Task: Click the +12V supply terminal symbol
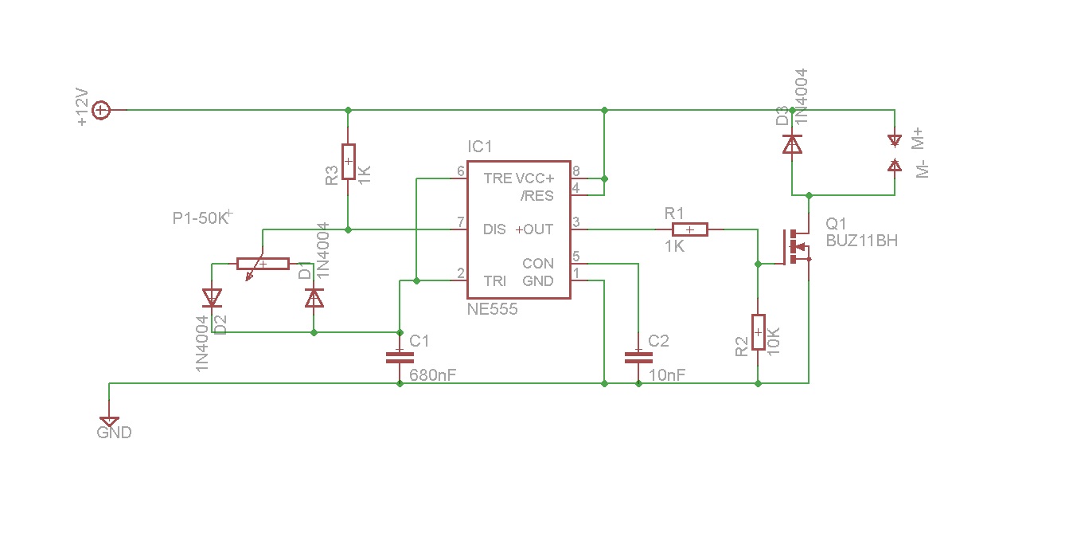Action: [x=101, y=110]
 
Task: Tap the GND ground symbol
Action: [x=109, y=421]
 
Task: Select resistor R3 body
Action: [x=348, y=162]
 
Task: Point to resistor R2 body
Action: [x=758, y=332]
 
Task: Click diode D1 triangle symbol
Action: [x=314, y=298]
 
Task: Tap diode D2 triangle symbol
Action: [x=212, y=298]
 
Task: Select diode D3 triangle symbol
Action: [x=792, y=144]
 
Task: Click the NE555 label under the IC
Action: [x=492, y=310]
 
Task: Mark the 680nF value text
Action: [x=432, y=374]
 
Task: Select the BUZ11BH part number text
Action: [x=861, y=240]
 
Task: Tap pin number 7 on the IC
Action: [x=460, y=221]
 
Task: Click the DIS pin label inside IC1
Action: [x=494, y=229]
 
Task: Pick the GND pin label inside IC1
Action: [x=538, y=281]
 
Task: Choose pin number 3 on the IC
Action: [x=576, y=221]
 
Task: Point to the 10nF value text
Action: [x=667, y=374]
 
